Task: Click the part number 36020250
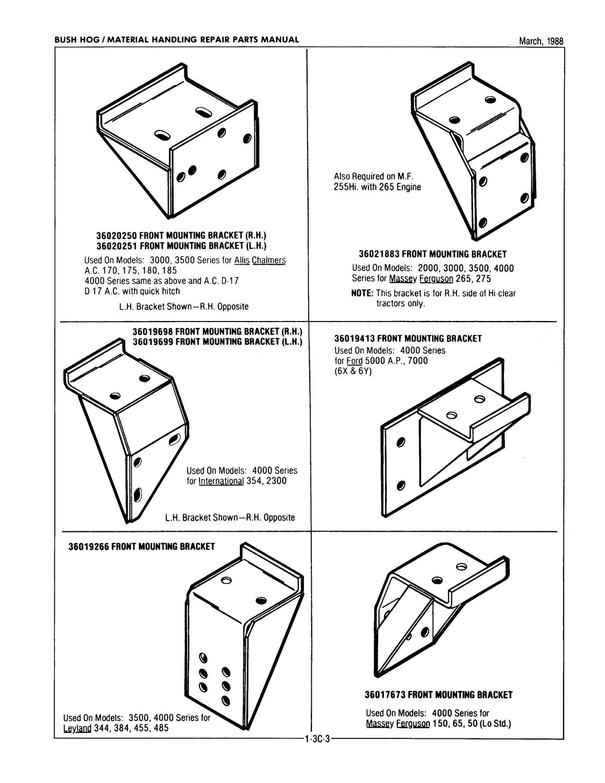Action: click(x=117, y=236)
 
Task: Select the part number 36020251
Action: click(x=117, y=246)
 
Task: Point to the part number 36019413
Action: click(x=355, y=339)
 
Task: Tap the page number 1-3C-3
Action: click(x=316, y=739)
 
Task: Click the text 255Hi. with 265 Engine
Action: click(x=378, y=187)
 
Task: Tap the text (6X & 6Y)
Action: click(x=352, y=372)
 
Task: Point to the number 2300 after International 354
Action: click(x=276, y=481)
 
